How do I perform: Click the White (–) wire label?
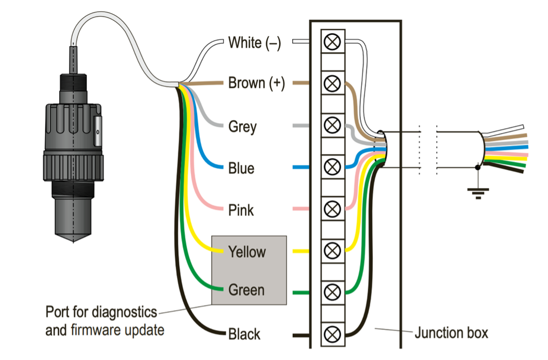254,43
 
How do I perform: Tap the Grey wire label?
242,127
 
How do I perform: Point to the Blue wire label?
241,168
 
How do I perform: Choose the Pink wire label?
241,210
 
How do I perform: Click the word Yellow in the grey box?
247,252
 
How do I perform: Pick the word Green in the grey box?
246,289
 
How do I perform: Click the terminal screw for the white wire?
332,42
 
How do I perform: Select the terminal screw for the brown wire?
332,83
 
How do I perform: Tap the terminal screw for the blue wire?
332,167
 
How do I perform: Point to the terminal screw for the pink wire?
332,209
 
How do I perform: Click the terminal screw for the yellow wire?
332,250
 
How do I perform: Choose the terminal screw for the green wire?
332,292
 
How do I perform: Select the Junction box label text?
451,332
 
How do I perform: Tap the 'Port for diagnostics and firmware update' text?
104,321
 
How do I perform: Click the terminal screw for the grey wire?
332,125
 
